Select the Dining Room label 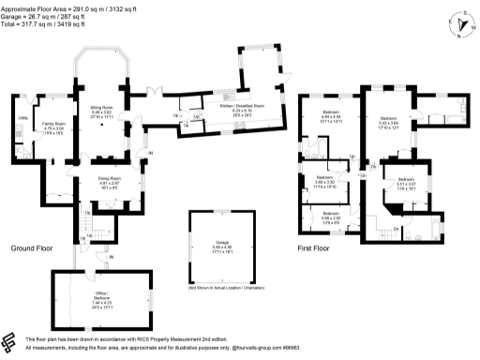(x=112, y=182)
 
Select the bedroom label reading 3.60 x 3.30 (x=325, y=183)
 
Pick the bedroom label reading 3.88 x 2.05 (x=331, y=218)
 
